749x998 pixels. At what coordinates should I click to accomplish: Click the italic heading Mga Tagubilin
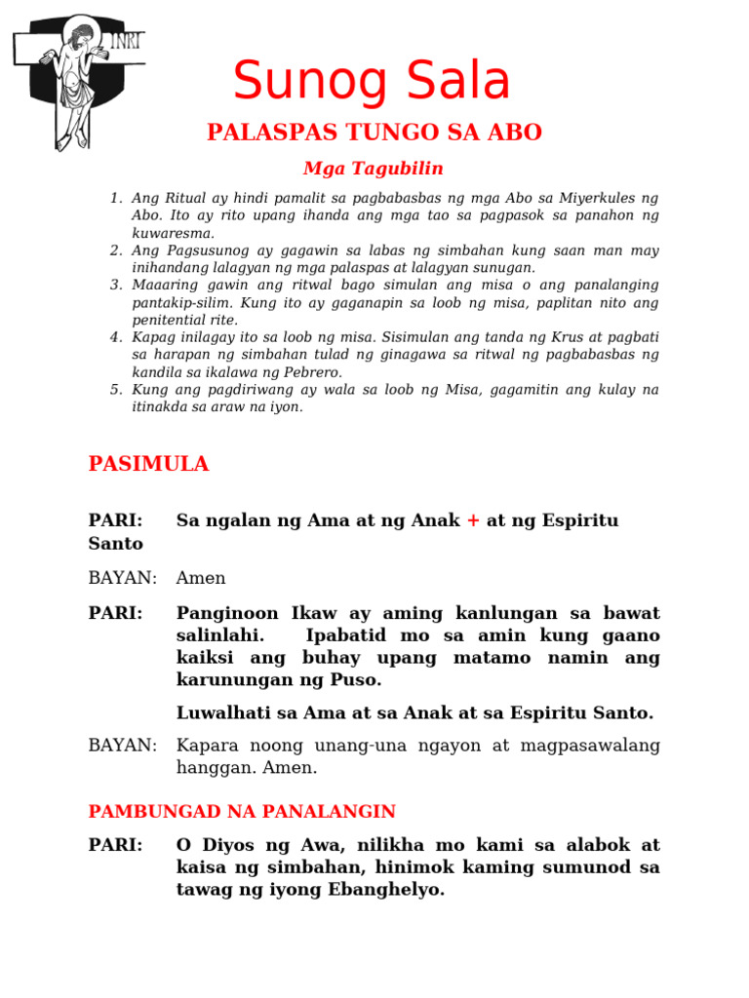(x=374, y=169)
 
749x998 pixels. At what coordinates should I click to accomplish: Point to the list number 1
(x=116, y=199)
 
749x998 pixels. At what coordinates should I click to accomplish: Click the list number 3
(x=116, y=285)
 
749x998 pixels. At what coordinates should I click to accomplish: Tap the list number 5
(x=116, y=390)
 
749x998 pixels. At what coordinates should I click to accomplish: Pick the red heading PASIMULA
(x=148, y=464)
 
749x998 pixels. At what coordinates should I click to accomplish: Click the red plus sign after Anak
(x=473, y=520)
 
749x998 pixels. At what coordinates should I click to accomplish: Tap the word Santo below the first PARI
(x=115, y=543)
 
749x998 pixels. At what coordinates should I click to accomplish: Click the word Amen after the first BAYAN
(x=201, y=578)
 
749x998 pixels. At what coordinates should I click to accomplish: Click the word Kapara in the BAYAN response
(x=205, y=746)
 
